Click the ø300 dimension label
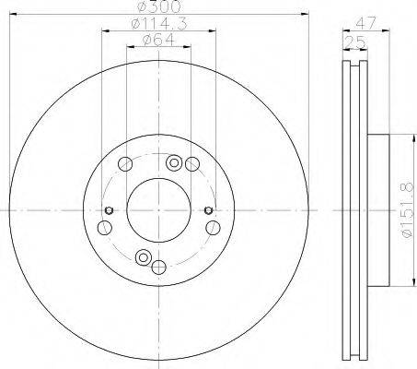click(158, 6)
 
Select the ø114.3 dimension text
click(159, 24)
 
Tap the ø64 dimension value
click(158, 40)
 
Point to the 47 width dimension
click(365, 23)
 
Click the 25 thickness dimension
click(355, 42)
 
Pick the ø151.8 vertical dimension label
click(408, 211)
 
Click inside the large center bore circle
click(158, 210)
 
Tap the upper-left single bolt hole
click(125, 164)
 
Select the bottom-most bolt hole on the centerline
click(159, 267)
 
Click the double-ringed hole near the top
click(174, 163)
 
